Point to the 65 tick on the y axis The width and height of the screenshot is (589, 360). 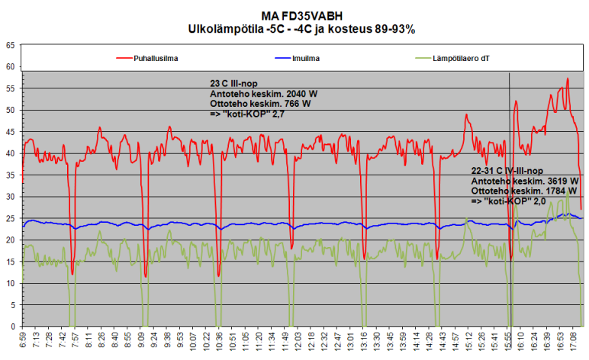pyautogui.click(x=10, y=45)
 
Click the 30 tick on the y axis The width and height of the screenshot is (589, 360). pyautogui.click(x=10, y=197)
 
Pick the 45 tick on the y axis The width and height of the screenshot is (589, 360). pyautogui.click(x=10, y=132)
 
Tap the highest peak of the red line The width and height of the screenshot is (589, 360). pyautogui.click(x=568, y=79)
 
